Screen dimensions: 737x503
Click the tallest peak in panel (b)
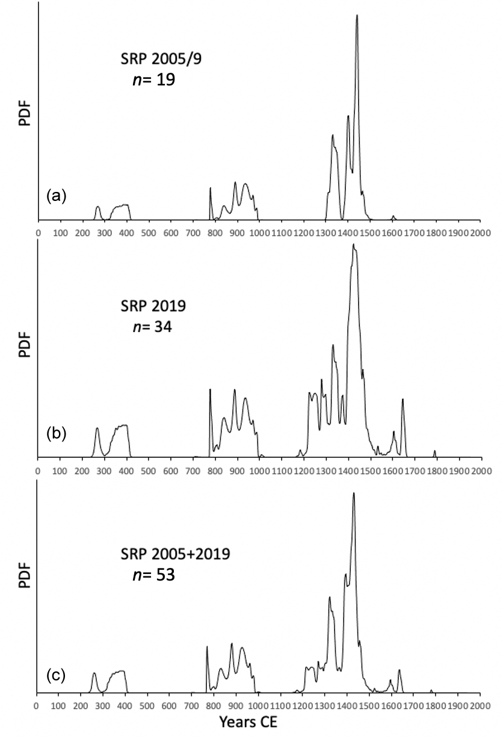point(354,244)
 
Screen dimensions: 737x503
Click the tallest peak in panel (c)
point(354,493)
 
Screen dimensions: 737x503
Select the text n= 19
point(153,79)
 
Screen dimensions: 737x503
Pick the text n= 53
point(153,575)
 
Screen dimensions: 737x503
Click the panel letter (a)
point(56,196)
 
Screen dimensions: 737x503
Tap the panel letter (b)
point(56,434)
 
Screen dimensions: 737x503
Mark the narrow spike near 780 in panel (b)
point(210,390)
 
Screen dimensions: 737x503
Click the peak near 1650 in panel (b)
point(403,399)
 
